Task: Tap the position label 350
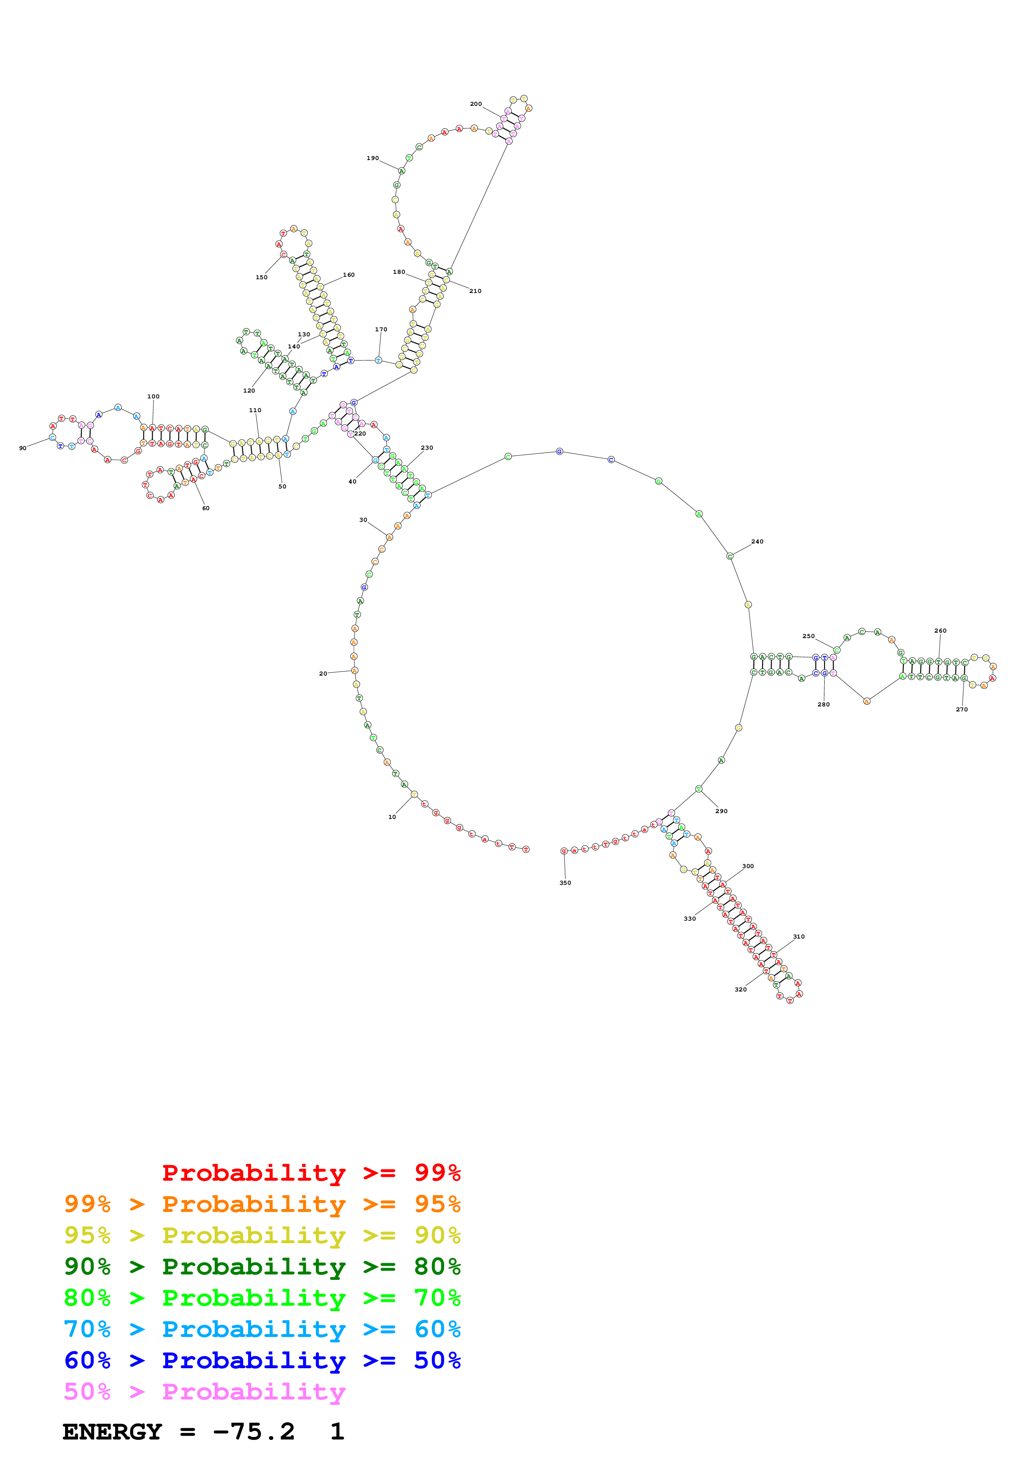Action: tap(565, 883)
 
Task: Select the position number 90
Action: tap(23, 448)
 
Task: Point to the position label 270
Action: tap(961, 709)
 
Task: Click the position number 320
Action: tap(740, 989)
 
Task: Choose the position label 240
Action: tap(757, 542)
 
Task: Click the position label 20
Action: tap(323, 673)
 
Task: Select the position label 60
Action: tap(206, 508)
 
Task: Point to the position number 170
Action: tap(381, 329)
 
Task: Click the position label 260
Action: tap(940, 631)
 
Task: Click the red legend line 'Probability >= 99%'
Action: tap(311, 1172)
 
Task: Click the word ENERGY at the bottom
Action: tap(112, 1432)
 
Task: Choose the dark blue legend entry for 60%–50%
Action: tap(262, 1360)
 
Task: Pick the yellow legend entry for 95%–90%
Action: tap(262, 1235)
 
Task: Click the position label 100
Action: tap(153, 397)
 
